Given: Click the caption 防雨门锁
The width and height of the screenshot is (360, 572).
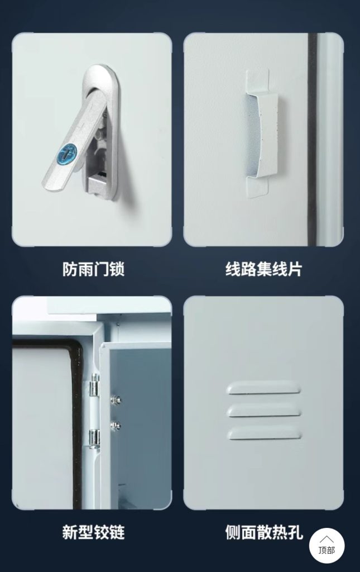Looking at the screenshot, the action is tap(93, 269).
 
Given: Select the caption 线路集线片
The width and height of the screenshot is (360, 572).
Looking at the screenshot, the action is tap(263, 269).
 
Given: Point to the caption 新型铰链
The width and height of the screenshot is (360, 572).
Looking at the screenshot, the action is tap(93, 532).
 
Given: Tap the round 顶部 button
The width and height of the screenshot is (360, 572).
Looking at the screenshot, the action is tap(327, 545).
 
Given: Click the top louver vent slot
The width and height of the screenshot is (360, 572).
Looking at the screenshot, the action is tap(263, 388).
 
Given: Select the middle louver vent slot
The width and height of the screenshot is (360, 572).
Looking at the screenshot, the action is tap(264, 411).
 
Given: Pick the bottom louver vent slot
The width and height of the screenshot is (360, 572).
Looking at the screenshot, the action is tap(265, 433).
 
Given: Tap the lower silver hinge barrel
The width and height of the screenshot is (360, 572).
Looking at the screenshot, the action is tap(94, 438).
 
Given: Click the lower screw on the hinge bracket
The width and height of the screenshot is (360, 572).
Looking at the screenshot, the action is tap(116, 425).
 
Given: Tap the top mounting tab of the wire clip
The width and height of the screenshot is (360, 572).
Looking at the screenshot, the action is tap(257, 80).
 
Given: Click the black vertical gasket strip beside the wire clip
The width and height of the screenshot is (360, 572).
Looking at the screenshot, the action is tap(312, 139).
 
